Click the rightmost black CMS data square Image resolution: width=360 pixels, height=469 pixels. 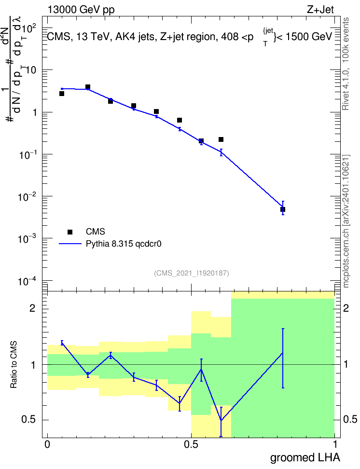click(x=283, y=209)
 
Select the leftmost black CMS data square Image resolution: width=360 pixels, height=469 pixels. click(x=62, y=94)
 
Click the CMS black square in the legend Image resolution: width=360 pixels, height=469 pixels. click(x=70, y=232)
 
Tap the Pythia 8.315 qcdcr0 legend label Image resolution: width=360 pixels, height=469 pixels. click(x=124, y=244)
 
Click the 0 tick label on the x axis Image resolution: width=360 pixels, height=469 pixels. click(x=47, y=444)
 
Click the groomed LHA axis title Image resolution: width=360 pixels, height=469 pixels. click(x=305, y=457)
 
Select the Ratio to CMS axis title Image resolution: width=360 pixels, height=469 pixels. click(x=14, y=365)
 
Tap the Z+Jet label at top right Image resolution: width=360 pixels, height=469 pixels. click(x=320, y=10)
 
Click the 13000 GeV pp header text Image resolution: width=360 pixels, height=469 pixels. click(x=81, y=10)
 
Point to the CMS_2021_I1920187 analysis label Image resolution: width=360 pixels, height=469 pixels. click(x=192, y=273)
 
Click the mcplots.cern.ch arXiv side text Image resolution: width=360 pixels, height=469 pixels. click(x=346, y=221)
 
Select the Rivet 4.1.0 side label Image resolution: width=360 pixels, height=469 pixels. click(x=346, y=63)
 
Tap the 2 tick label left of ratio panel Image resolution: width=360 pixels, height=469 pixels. click(x=32, y=308)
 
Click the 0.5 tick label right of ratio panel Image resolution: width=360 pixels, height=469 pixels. click(x=350, y=419)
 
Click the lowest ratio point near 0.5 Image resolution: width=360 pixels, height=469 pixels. click(x=221, y=420)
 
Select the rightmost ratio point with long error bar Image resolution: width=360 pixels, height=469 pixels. click(x=282, y=353)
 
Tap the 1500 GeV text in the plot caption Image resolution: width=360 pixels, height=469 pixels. click(x=309, y=37)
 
